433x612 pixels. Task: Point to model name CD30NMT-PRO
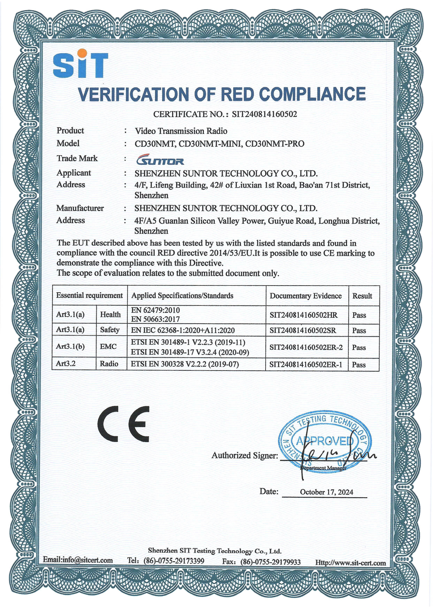(275, 144)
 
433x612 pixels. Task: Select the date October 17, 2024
(326, 492)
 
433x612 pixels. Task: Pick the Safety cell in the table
(110, 330)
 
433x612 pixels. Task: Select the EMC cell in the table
(108, 346)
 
